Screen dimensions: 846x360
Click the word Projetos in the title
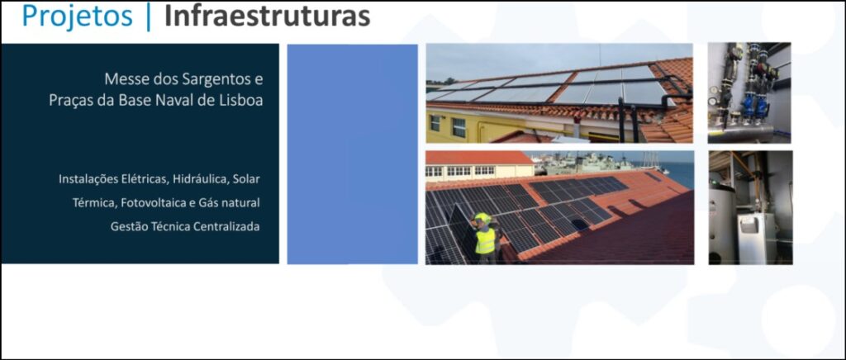[x=77, y=17]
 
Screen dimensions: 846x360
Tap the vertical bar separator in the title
[x=149, y=17]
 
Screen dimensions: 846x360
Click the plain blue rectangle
[x=352, y=154]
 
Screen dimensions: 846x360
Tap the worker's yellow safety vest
[x=485, y=241]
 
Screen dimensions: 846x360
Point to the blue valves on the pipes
[x=754, y=105]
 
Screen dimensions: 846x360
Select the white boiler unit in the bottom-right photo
[x=757, y=238]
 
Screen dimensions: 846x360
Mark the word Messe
[x=122, y=80]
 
